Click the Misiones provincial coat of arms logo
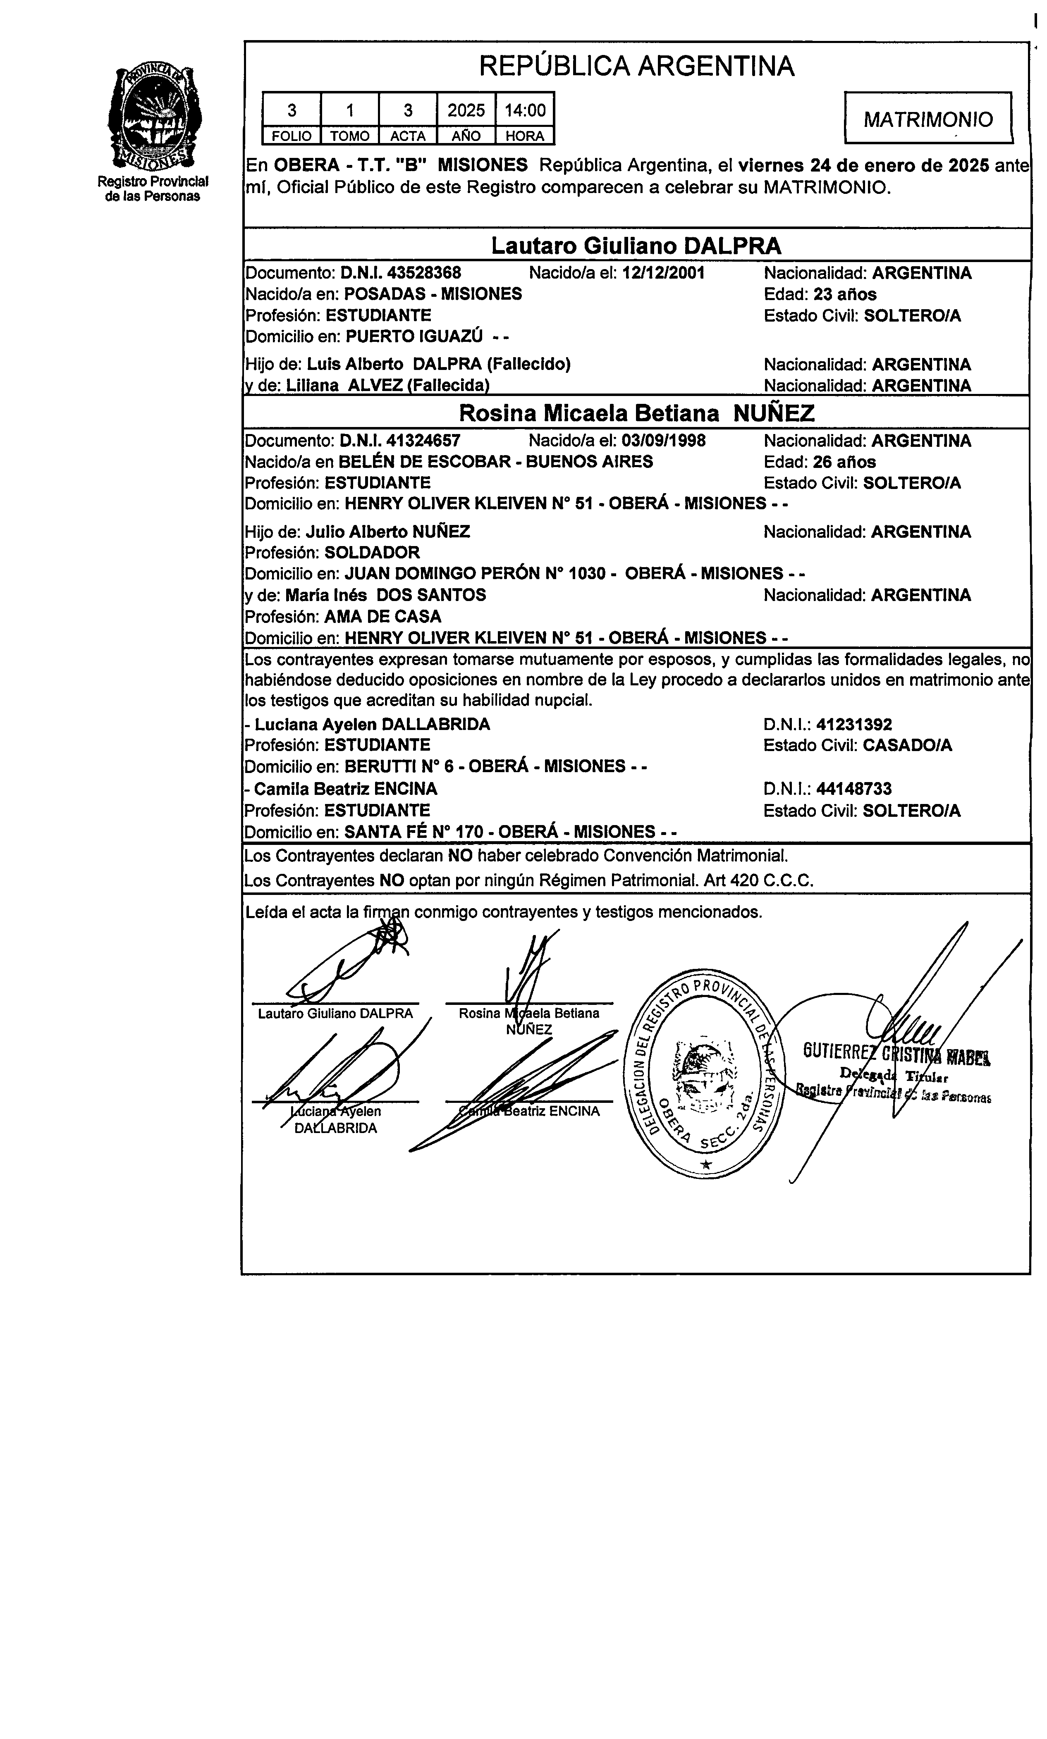coord(153,116)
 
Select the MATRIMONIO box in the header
coord(928,119)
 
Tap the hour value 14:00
coord(525,110)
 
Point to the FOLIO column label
coord(292,136)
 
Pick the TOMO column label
coord(350,136)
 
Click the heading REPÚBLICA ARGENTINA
coord(636,66)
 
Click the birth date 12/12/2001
coord(663,273)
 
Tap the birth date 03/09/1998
coord(663,441)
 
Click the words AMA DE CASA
coord(382,616)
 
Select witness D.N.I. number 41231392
coord(854,724)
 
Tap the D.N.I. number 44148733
coord(854,788)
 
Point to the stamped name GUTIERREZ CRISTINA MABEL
coord(896,1054)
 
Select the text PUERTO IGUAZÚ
coord(414,336)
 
